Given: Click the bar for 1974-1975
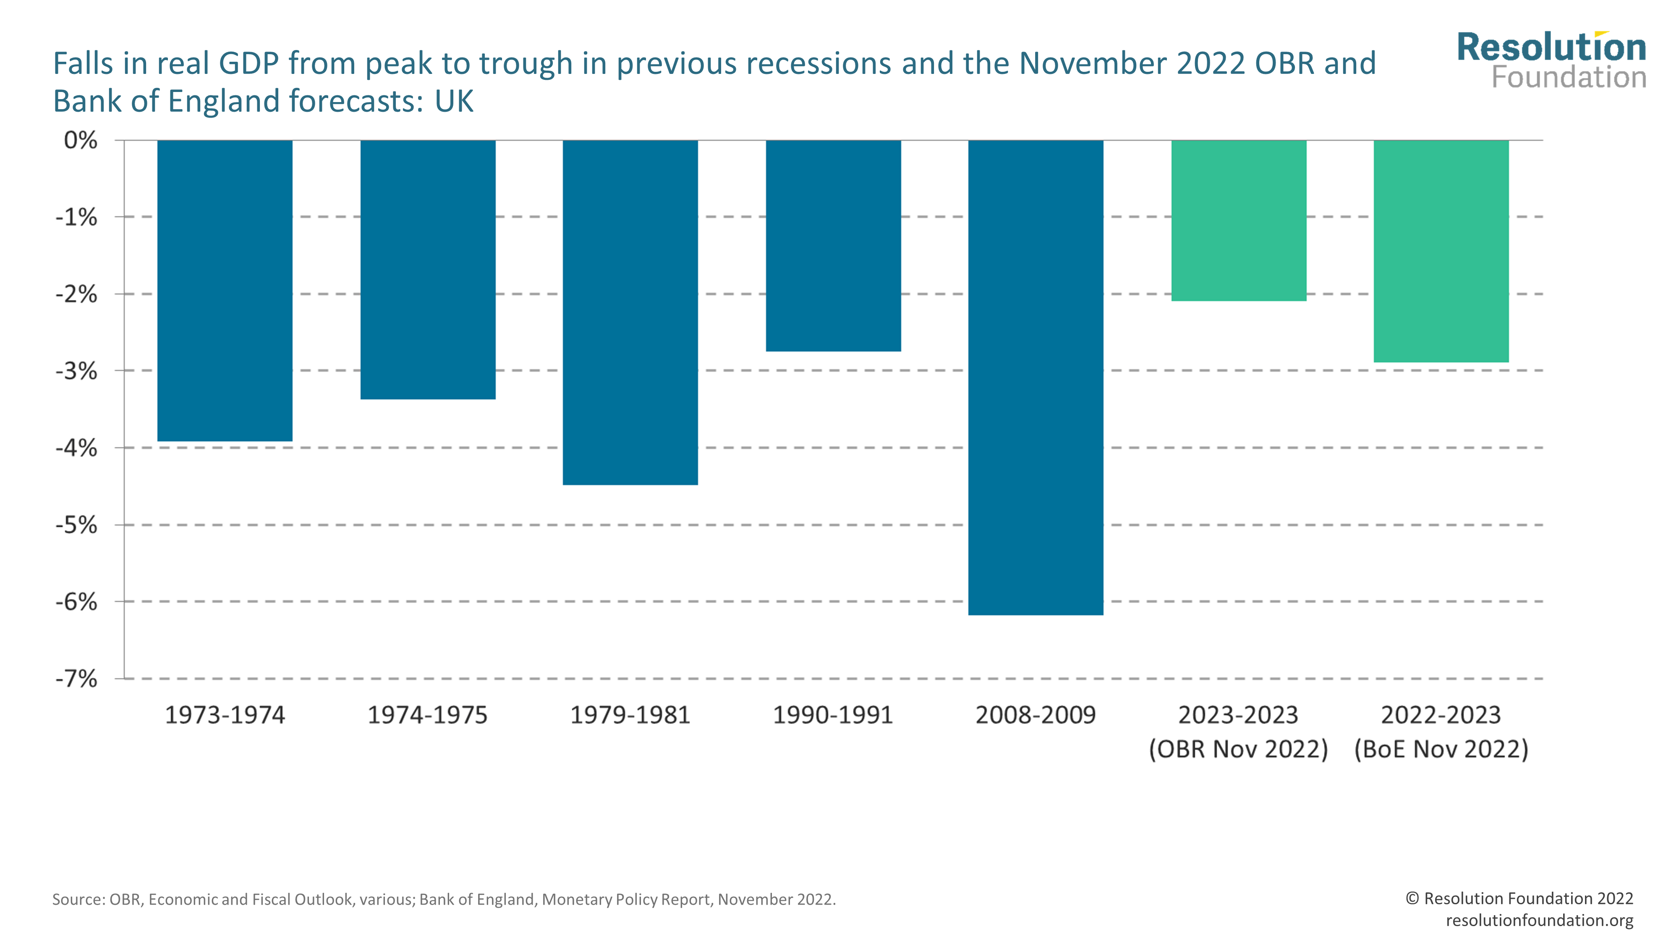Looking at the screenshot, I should pyautogui.click(x=428, y=269).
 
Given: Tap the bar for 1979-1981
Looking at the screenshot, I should pyautogui.click(x=630, y=312).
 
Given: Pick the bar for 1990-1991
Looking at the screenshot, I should pyautogui.click(x=833, y=246).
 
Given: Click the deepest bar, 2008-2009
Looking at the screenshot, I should pyautogui.click(x=1036, y=377).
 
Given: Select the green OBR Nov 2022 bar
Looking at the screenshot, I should pyautogui.click(x=1238, y=220).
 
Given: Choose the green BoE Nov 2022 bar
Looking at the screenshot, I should pyautogui.click(x=1441, y=251).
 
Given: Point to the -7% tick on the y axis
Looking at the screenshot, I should pyautogui.click(x=76, y=679).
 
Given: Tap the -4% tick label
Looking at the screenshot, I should pyautogui.click(x=76, y=448).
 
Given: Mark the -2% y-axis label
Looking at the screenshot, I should pyautogui.click(x=76, y=294).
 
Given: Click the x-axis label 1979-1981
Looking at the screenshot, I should pyautogui.click(x=630, y=715).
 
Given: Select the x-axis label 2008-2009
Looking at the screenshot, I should pyautogui.click(x=1036, y=715).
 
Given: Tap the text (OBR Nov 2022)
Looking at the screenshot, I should pyautogui.click(x=1238, y=749).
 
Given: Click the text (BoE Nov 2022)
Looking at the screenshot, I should pyautogui.click(x=1441, y=749).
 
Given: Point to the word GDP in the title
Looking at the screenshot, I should pyautogui.click(x=248, y=64).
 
